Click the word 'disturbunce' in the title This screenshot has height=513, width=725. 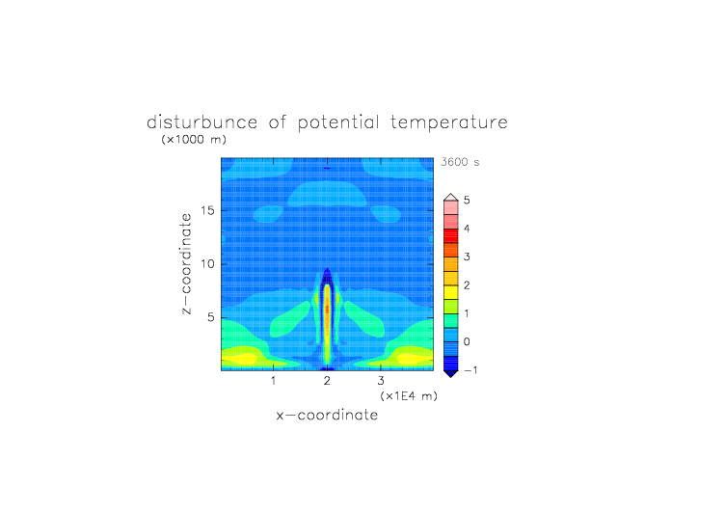[202, 122]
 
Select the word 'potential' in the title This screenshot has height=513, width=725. [338, 122]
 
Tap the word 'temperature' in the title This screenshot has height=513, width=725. [449, 123]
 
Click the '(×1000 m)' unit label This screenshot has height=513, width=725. [194, 139]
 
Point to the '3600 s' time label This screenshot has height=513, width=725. [460, 162]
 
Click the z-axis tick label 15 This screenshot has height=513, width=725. [208, 210]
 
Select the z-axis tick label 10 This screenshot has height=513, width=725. [208, 263]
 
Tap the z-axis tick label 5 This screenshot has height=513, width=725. [211, 317]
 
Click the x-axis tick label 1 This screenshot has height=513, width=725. [274, 381]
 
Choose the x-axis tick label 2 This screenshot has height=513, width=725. [327, 381]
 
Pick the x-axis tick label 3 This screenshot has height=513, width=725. [381, 381]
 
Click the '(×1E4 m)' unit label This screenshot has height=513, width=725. [409, 396]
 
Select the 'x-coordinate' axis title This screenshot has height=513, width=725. [327, 415]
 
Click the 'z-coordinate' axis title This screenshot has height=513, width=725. [186, 264]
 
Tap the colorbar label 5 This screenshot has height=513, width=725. [467, 201]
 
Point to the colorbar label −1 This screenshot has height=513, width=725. [470, 370]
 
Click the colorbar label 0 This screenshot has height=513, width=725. [467, 342]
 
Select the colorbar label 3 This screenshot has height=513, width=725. [467, 256]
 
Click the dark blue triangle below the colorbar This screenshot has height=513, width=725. [451, 373]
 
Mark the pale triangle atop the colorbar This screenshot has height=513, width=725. [451, 198]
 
